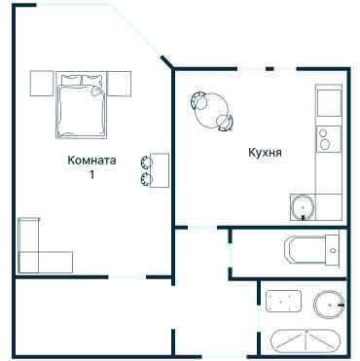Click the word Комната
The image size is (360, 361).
[91, 161]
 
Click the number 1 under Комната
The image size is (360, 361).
[91, 175]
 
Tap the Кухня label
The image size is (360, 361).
[265, 153]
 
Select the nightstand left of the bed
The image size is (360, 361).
[42, 84]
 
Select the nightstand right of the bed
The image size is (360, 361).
[119, 84]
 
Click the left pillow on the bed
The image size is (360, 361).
[71, 80]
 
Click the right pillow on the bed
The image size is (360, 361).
[91, 80]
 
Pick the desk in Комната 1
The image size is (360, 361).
[160, 170]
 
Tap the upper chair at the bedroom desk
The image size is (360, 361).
[146, 162]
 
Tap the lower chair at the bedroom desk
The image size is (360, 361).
[146, 179]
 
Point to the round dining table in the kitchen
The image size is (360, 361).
[211, 111]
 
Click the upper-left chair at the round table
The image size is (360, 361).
[198, 100]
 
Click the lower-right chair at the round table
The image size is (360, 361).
[225, 123]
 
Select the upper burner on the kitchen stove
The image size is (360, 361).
[323, 132]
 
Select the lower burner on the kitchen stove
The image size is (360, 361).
[325, 144]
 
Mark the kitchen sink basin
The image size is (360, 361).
[303, 207]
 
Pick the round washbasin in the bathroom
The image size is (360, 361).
[328, 305]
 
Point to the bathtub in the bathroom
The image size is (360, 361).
[306, 342]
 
